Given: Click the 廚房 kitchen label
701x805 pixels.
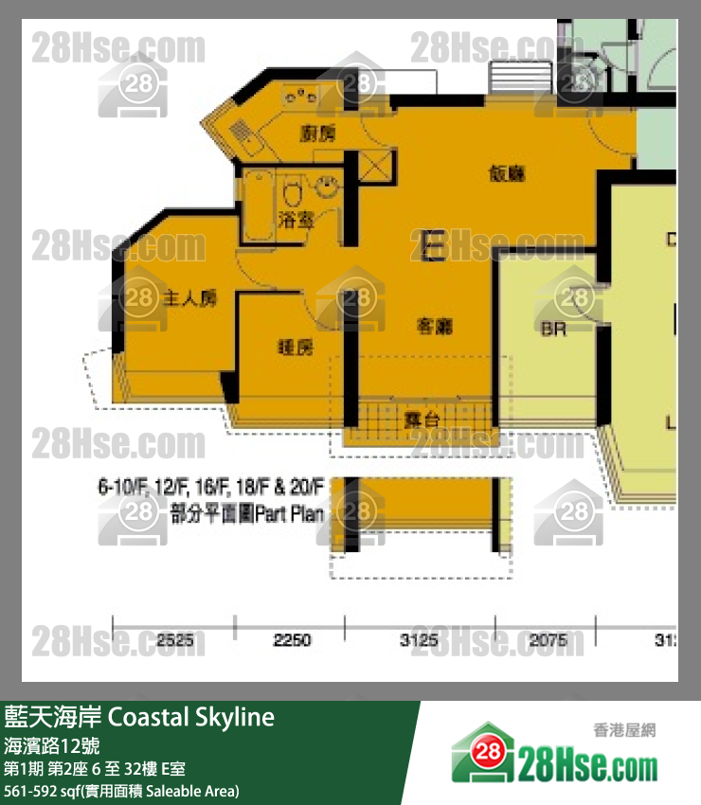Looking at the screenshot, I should (317, 134).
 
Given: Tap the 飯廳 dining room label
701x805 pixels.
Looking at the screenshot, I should (507, 173).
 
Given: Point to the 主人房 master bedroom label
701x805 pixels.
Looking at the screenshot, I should (190, 299).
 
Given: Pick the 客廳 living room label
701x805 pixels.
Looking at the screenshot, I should (434, 327).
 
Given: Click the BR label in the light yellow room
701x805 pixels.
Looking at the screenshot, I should (553, 331).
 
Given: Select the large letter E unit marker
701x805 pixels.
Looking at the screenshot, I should (433, 246).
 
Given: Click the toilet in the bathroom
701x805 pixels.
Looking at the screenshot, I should (293, 197).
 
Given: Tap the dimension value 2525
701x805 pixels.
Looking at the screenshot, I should (175, 641).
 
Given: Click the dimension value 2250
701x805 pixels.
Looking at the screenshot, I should (292, 641).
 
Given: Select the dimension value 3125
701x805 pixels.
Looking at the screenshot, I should (418, 641).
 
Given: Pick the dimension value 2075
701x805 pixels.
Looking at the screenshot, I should (548, 641).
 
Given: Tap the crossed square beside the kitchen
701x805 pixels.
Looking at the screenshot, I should (373, 166).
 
